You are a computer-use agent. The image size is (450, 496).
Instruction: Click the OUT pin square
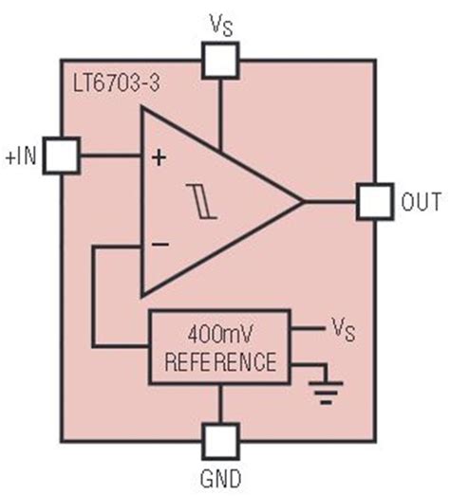click(374, 201)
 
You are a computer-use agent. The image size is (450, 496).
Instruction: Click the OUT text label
click(422, 202)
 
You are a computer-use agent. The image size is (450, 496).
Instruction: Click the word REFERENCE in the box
click(219, 361)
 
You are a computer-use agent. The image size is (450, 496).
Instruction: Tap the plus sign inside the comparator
click(159, 157)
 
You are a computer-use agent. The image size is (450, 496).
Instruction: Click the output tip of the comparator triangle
click(301, 201)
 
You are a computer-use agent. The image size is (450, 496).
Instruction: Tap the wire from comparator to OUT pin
click(330, 201)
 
